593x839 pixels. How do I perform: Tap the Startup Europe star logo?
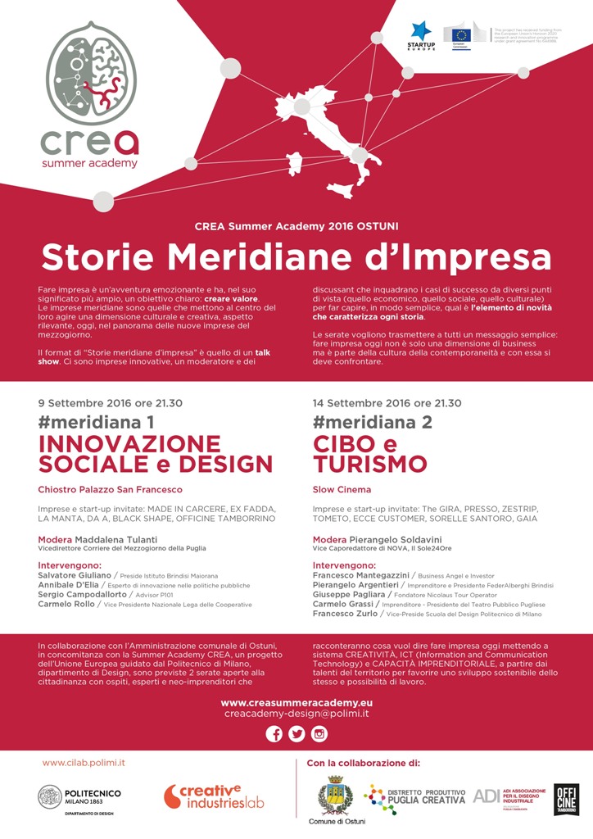[x=421, y=31]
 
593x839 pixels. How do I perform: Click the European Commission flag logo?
[x=460, y=34]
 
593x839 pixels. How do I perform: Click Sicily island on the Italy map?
[x=340, y=190]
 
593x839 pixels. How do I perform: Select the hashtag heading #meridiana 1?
[x=96, y=423]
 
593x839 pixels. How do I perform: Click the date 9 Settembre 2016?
[x=86, y=403]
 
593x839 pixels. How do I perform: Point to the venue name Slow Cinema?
[x=342, y=490]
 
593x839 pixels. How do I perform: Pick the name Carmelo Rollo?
[x=67, y=604]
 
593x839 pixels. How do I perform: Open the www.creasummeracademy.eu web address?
[x=296, y=703]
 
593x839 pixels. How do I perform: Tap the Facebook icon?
[x=274, y=734]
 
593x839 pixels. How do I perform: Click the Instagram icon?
[x=319, y=734]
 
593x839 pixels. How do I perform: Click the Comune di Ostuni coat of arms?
[x=336, y=795]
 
